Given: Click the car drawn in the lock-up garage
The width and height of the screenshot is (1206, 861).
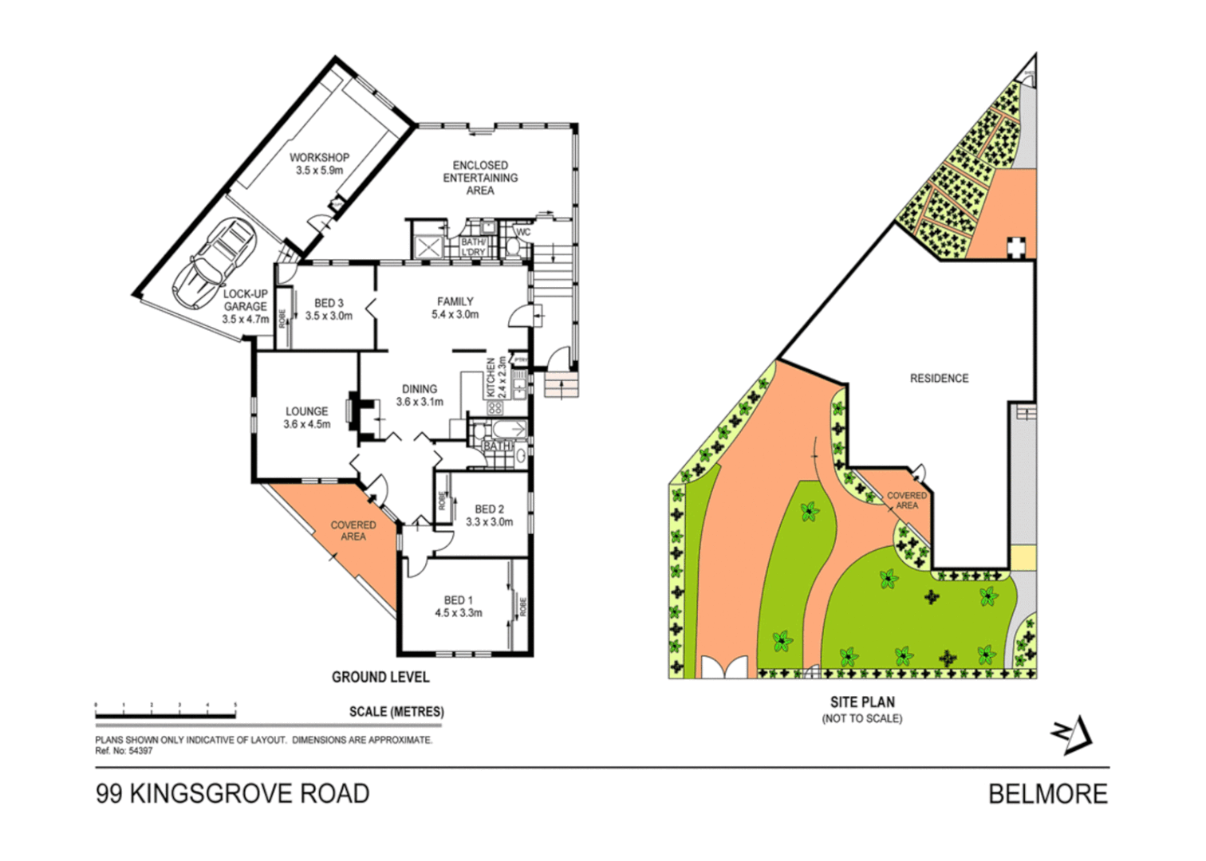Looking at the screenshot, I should (214, 264).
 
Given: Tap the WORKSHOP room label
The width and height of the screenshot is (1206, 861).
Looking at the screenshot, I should (319, 163).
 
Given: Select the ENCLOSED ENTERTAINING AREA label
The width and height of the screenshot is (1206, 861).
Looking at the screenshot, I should (480, 178).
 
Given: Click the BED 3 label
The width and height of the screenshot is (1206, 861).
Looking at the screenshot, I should (329, 309).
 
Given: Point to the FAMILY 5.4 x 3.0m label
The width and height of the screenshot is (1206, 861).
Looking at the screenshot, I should (455, 308).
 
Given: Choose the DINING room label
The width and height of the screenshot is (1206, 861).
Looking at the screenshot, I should (420, 395).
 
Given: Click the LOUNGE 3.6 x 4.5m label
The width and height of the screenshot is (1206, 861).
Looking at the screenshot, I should (306, 418).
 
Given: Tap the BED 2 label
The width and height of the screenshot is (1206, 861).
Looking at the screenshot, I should (489, 515).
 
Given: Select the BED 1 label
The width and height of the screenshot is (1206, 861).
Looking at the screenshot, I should (458, 606).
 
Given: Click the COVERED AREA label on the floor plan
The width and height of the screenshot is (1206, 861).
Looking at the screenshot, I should (353, 531).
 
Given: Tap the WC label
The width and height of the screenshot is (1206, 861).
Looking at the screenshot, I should (523, 233).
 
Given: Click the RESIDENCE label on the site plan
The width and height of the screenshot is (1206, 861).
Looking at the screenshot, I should (939, 379).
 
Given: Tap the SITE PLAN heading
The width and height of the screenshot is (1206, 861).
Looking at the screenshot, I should (862, 702).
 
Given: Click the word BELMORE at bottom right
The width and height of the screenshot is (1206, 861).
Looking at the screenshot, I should (1047, 794).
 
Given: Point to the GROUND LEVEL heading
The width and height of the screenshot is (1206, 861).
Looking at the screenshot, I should (380, 677).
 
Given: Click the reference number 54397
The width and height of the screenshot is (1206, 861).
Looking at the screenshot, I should (140, 751).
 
